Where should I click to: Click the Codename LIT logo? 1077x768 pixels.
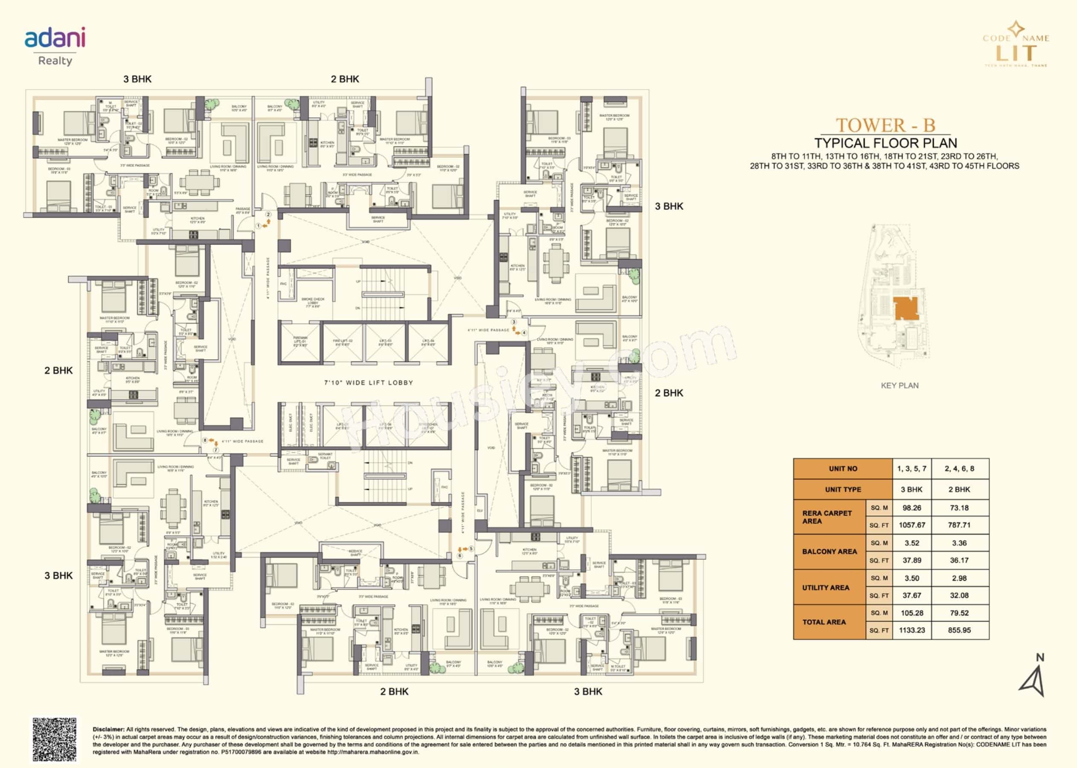click(1016, 44)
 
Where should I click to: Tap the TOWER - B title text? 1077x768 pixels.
click(885, 125)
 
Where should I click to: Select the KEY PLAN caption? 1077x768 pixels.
click(899, 385)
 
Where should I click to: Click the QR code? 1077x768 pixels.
click(54, 739)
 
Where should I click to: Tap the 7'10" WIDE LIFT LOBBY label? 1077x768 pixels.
click(369, 383)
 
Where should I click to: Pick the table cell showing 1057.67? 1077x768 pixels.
click(911, 525)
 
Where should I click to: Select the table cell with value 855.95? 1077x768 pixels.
click(959, 630)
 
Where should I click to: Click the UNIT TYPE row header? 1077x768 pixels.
click(843, 489)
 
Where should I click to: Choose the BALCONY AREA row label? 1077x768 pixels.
click(829, 551)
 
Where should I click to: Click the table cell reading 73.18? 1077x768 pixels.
click(959, 508)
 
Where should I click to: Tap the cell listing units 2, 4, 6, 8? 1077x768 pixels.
click(959, 468)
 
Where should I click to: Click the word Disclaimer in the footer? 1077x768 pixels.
click(108, 729)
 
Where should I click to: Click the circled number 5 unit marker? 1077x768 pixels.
click(471, 549)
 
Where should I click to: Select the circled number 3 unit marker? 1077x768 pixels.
click(514, 322)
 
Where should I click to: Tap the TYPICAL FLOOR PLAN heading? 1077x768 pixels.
click(885, 143)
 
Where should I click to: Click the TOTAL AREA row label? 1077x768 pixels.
click(824, 622)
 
